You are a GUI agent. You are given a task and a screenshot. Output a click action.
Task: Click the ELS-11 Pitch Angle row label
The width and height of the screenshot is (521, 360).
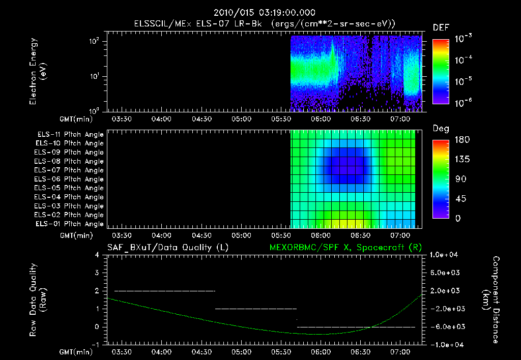click(70, 134)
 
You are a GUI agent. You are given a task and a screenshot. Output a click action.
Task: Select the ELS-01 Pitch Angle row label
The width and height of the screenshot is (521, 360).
click(70, 224)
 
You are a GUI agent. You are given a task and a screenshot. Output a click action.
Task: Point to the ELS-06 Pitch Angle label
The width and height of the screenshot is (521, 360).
click(70, 179)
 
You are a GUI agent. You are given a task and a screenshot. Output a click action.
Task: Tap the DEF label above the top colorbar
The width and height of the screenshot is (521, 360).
click(441, 27)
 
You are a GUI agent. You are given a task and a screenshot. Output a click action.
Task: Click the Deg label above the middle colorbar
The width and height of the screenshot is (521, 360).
click(441, 129)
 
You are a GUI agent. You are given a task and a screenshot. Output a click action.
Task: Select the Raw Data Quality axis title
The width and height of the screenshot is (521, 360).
click(38, 300)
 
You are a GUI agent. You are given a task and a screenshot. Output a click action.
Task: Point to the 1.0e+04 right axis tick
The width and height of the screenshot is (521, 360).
click(446, 255)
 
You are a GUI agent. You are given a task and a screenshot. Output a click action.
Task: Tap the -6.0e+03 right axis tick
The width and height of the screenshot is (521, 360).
click(446, 326)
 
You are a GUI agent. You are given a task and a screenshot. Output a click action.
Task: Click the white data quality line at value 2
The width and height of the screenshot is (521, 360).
click(165, 291)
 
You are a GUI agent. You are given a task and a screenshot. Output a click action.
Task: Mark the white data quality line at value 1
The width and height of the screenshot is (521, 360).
click(255, 309)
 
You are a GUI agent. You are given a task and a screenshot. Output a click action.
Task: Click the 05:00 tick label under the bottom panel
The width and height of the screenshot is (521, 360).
click(241, 352)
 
